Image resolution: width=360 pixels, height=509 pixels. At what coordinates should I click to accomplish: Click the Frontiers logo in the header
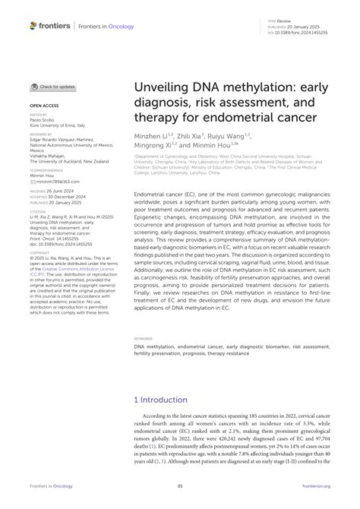(50, 25)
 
